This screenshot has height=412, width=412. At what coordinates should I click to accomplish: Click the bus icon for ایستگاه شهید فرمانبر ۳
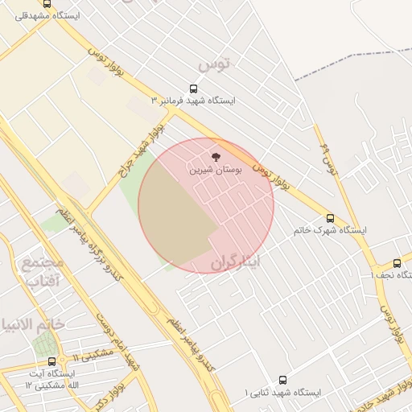point(193,89)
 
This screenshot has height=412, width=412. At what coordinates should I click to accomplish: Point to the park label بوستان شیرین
point(213,170)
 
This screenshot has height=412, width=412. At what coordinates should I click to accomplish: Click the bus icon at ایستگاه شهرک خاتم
point(330,218)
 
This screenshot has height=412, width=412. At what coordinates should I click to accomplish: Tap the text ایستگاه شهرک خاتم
point(330,230)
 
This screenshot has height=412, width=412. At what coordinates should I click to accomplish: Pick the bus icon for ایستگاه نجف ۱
point(397,263)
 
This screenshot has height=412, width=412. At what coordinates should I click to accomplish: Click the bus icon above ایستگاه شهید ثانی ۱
point(282,380)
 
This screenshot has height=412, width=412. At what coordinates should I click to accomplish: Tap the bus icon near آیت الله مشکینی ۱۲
point(52,361)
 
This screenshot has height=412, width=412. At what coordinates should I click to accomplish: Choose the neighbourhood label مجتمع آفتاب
point(42,272)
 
